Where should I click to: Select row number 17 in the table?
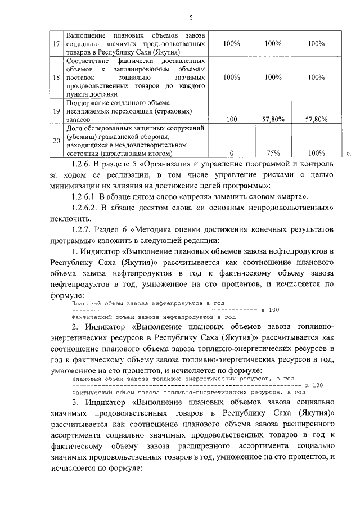click(x=56, y=43)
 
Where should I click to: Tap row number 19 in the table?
click(x=56, y=111)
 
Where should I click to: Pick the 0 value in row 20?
click(x=232, y=152)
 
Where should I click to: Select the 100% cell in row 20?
click(x=316, y=152)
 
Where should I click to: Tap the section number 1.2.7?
click(x=83, y=229)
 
